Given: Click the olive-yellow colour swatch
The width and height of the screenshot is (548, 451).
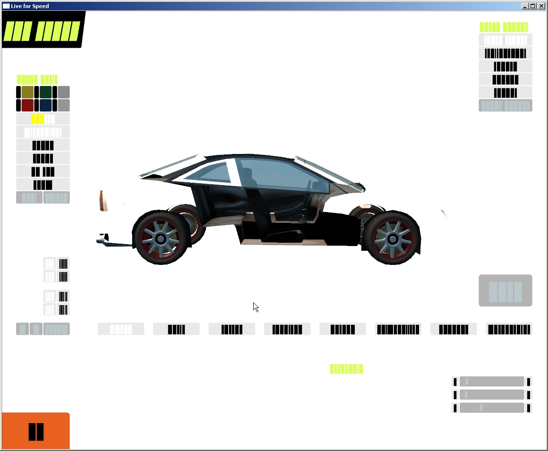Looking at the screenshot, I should pos(27,92).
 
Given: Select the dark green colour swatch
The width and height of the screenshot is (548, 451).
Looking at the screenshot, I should pos(45,92).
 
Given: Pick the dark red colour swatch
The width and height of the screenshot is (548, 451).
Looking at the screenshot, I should pos(27,105).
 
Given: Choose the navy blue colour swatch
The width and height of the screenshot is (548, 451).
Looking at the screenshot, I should pos(45,105).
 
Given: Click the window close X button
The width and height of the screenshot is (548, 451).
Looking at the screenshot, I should pos(540,6).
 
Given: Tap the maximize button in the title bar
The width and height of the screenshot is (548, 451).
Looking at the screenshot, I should pos(533,6).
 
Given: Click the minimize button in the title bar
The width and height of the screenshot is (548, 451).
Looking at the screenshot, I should pos(525,6).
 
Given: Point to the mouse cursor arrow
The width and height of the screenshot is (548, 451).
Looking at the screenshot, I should pos(255,306).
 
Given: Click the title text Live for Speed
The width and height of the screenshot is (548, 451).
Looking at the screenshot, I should pos(30,6).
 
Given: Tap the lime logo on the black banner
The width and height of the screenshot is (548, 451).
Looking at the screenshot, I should pos(43,31).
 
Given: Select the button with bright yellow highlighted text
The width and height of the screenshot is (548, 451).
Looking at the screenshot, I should pos(43,119).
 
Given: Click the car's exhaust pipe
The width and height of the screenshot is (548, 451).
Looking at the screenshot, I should pos(102,241).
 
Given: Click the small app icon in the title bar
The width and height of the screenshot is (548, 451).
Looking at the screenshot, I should pos(6,6).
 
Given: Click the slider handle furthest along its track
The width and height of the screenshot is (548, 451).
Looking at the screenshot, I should pos(481,408).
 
